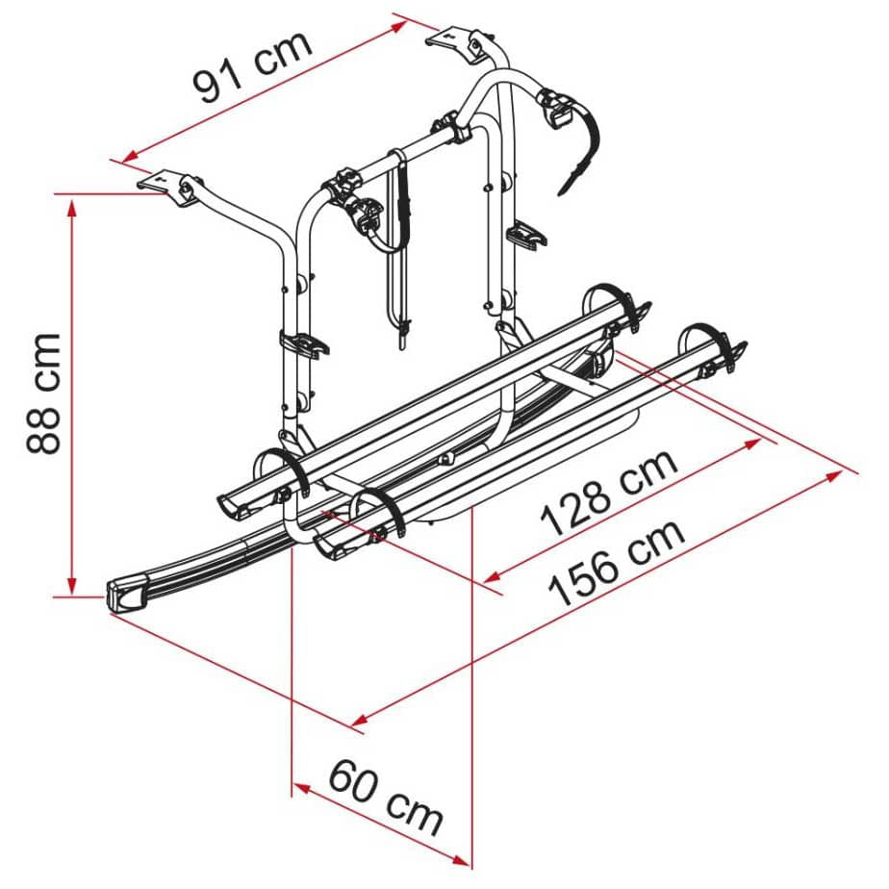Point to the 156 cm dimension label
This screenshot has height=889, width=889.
617,563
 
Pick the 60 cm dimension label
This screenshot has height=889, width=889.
386,798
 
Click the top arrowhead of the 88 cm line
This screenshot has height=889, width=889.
71,208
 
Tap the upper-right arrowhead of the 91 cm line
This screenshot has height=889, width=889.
399,26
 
